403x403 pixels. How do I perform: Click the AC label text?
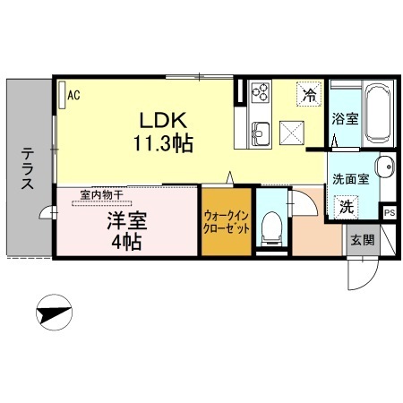coord(73,95)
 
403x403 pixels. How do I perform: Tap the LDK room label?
coord(163,120)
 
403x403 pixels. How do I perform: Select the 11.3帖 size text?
coord(163,143)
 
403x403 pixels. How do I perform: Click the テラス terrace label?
coord(27,169)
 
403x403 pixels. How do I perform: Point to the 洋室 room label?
coord(127,221)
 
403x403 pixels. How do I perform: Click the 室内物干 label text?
coord(101,195)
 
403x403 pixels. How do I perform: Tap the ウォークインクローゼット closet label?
coord(226,222)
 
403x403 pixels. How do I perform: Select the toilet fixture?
coord(271,228)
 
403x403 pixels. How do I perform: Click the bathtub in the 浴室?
coord(378,114)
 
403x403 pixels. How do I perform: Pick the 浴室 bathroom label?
coord(345,119)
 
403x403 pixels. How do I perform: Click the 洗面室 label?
coord(351,179)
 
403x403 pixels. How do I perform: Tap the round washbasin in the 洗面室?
coord(385,167)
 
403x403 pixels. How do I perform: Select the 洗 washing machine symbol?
coord(346,207)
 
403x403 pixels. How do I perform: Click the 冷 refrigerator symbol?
coord(309,95)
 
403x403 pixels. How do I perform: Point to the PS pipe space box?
coord(390,213)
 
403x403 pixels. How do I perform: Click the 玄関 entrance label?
coord(363,240)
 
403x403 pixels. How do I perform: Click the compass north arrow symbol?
coord(54,313)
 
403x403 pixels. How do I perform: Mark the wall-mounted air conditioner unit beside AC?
coord(62,95)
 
